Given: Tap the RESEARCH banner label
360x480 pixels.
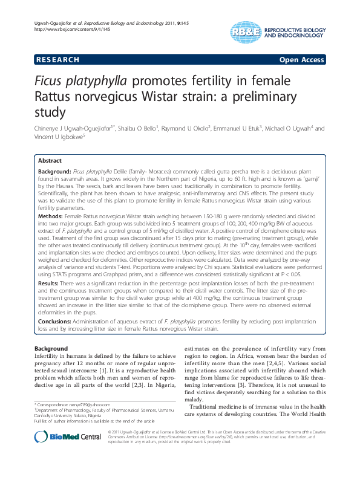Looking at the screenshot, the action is point(57,60).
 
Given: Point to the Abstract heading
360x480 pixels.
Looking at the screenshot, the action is point(50,161).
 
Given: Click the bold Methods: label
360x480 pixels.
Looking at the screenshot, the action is point(53,215).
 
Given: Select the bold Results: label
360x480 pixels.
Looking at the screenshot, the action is point(51,282).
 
